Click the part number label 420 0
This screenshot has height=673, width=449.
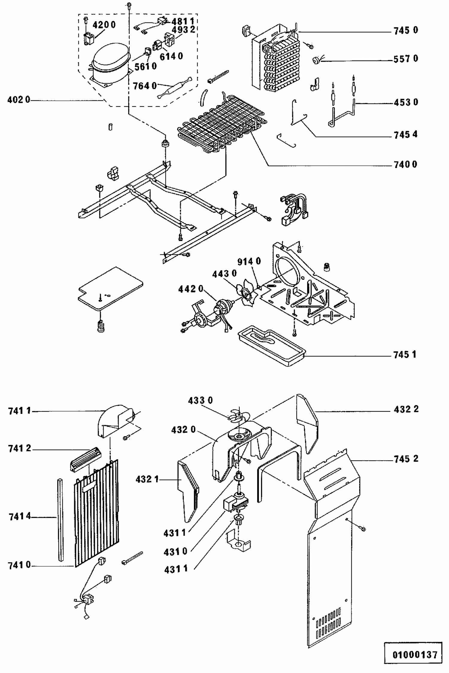click(104, 25)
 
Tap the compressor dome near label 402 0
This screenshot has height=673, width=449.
click(110, 57)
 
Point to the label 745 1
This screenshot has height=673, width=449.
click(405, 355)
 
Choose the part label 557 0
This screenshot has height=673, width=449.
click(406, 59)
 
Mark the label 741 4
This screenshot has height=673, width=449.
click(20, 516)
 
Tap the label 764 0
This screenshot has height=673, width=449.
click(145, 86)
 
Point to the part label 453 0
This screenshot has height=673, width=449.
click(406, 102)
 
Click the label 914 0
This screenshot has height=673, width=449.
click(249, 262)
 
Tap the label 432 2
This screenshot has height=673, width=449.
click(406, 409)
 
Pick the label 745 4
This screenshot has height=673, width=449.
click(406, 135)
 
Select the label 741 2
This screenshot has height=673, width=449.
click(20, 448)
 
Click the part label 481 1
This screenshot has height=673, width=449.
click(183, 21)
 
